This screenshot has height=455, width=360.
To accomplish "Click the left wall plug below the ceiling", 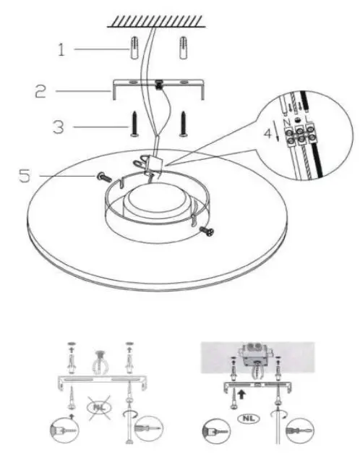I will coord(135,51).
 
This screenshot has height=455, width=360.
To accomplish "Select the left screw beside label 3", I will coord(134,123).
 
